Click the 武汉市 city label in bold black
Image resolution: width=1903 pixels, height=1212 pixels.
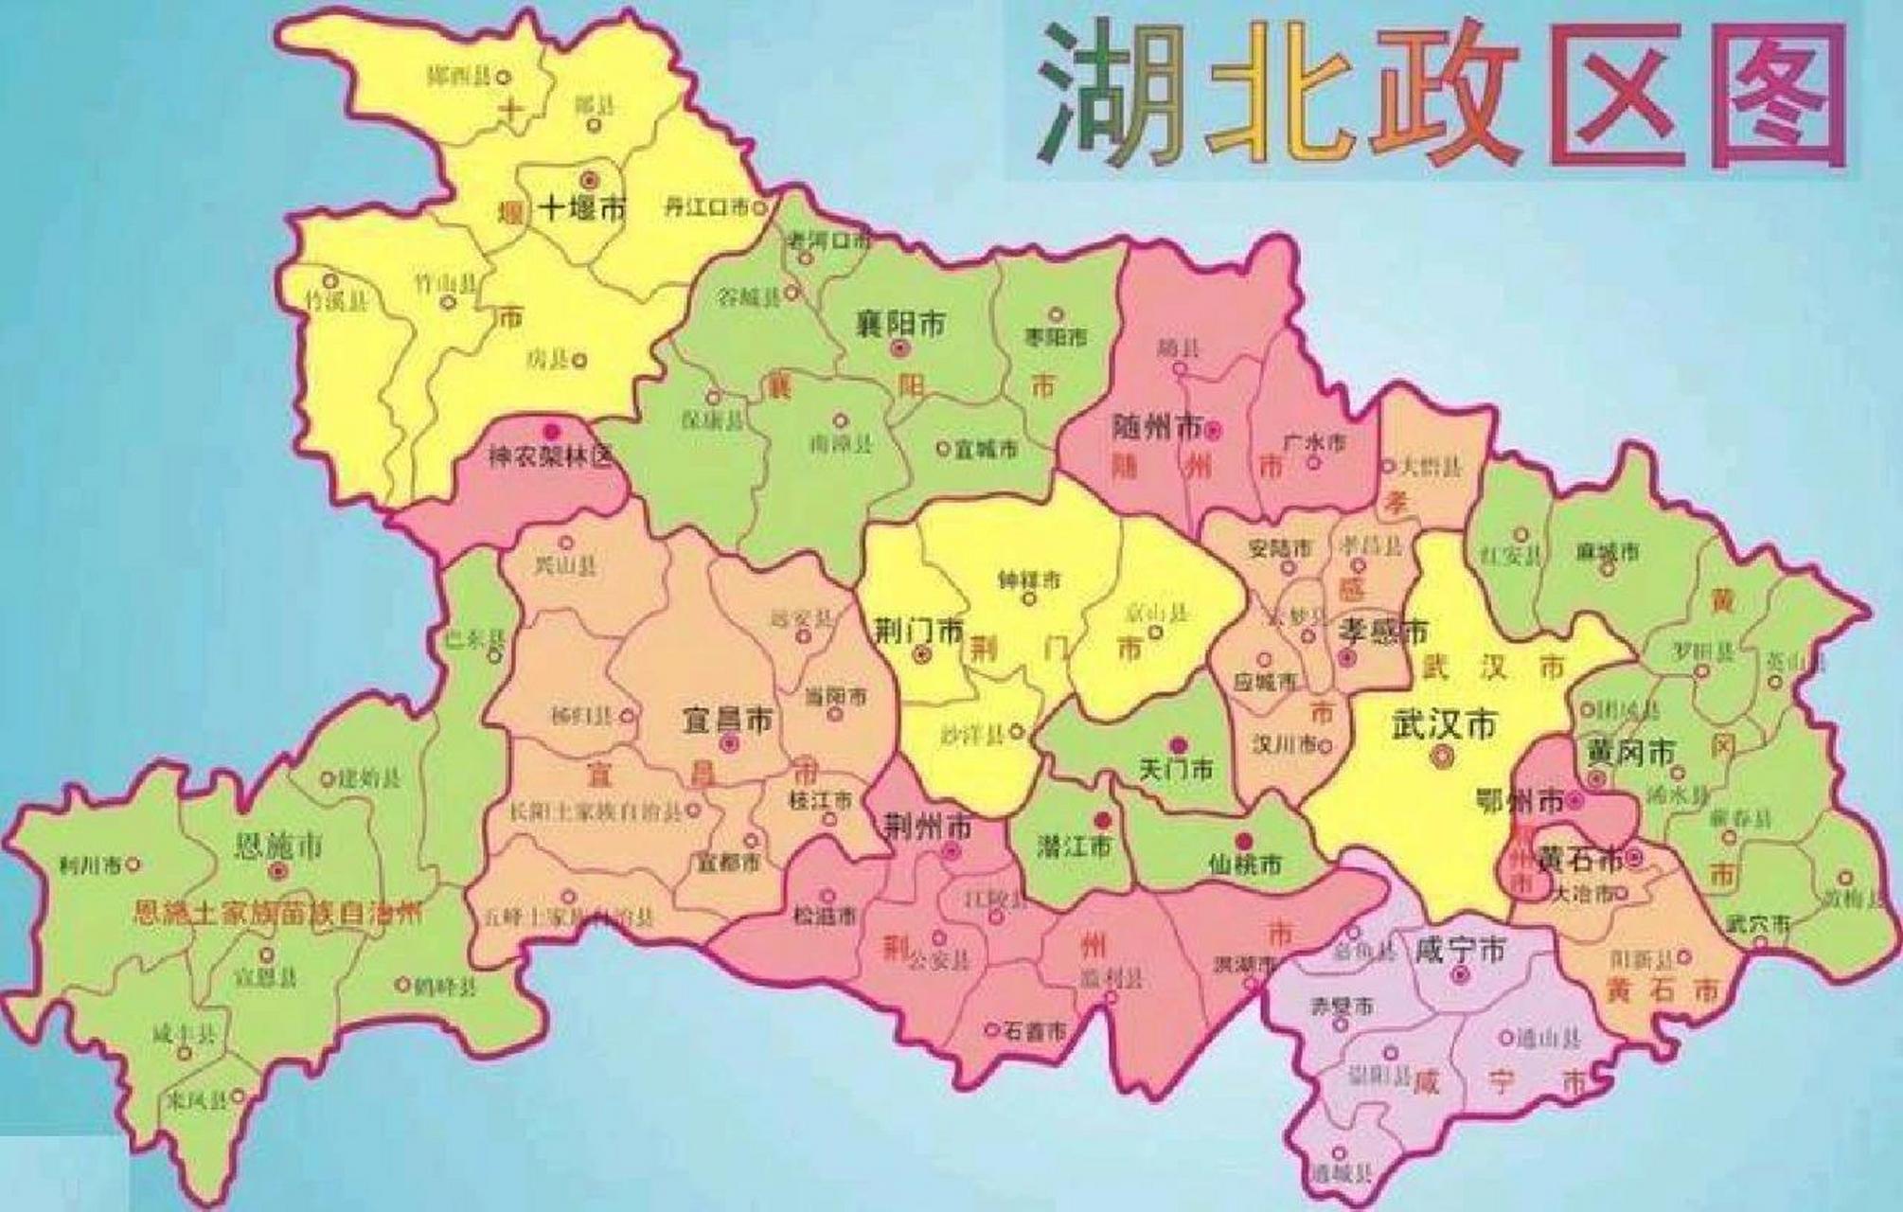click(1444, 726)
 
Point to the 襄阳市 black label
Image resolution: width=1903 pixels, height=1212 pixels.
click(900, 324)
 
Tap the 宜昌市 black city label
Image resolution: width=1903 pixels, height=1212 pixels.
click(727, 721)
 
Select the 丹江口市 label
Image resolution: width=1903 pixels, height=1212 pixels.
click(705, 207)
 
